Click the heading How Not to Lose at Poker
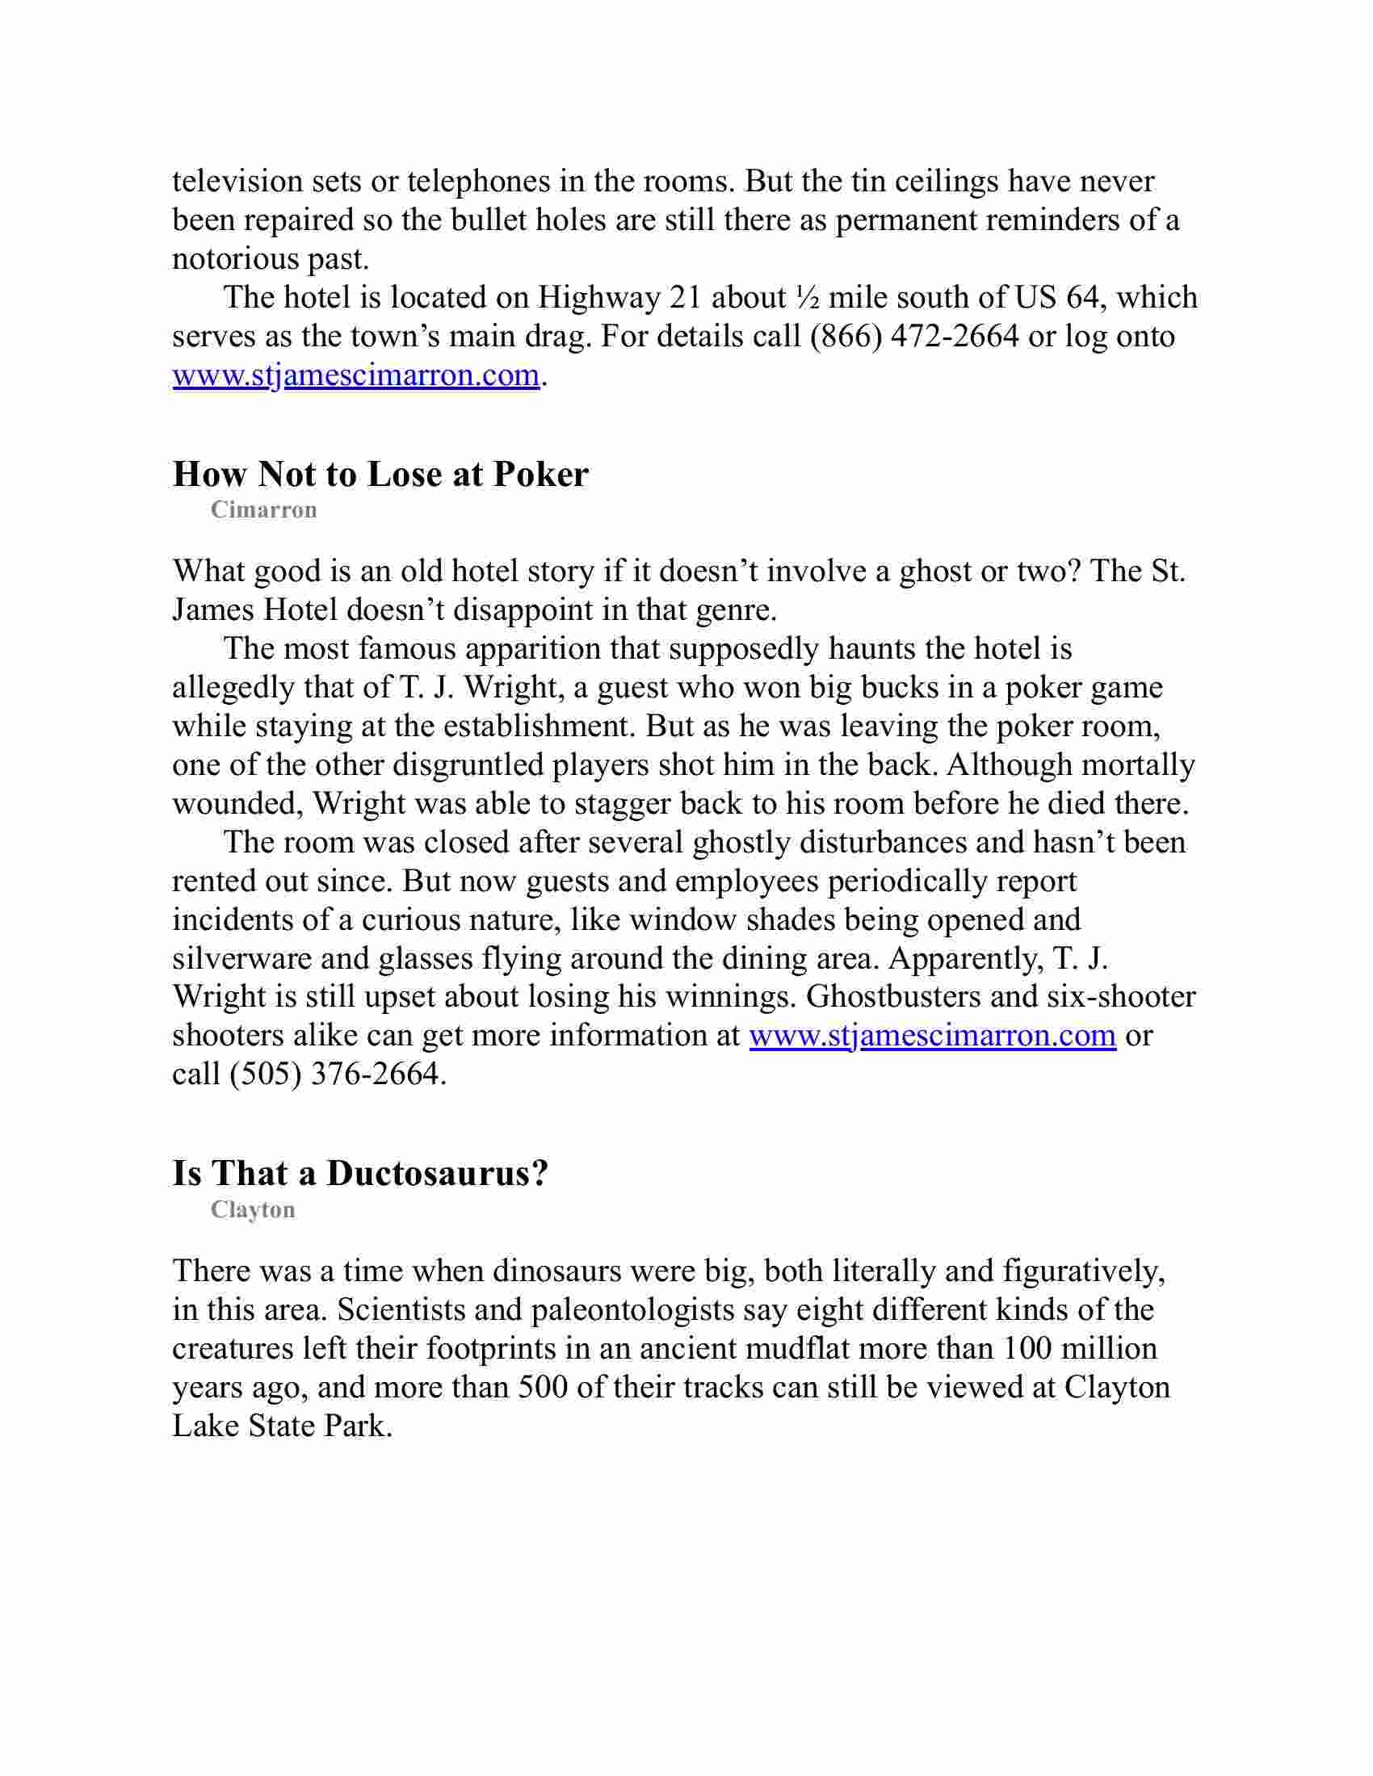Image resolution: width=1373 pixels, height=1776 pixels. (x=380, y=474)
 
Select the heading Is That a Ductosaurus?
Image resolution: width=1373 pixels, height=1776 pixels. (x=360, y=1174)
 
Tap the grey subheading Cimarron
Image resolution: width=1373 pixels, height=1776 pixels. (x=263, y=510)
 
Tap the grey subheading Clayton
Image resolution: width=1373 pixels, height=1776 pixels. (x=252, y=1210)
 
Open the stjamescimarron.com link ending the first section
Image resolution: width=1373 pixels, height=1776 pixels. (x=355, y=375)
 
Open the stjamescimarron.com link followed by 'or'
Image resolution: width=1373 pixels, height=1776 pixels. (x=931, y=1035)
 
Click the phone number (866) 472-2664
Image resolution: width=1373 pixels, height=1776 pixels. (x=914, y=336)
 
